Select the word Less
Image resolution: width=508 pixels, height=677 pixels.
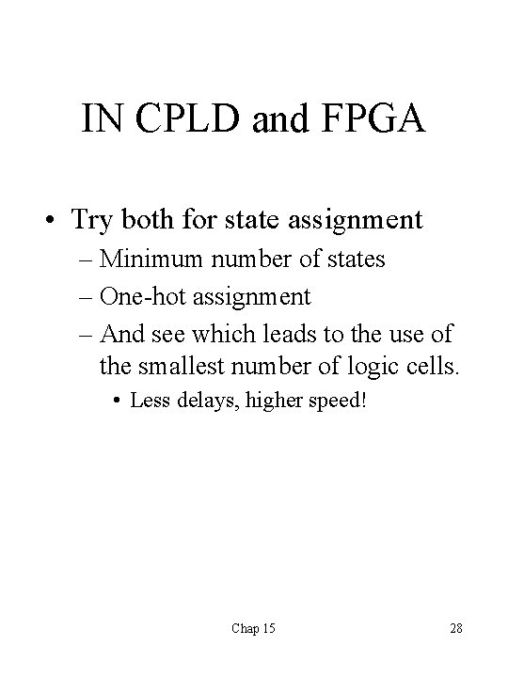point(150,401)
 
